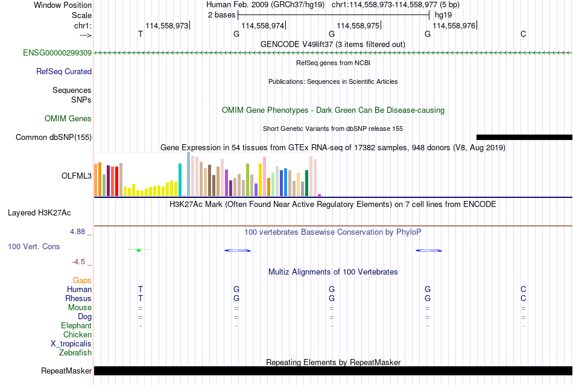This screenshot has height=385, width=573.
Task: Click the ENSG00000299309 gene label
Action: pos(57,53)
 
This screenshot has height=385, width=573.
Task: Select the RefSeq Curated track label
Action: pos(64,72)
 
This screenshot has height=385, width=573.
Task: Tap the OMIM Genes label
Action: pos(68,118)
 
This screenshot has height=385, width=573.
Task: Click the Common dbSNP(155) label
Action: pos(54,138)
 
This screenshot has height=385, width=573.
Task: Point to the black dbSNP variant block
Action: pos(524,137)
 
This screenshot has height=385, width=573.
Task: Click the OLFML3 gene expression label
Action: pos(77,176)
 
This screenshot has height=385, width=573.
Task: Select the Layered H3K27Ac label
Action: pos(39,213)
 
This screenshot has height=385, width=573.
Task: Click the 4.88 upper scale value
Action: pos(77,232)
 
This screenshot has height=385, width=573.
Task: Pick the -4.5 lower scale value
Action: pos(78,262)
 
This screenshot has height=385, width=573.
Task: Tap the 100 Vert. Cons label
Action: pos(34,246)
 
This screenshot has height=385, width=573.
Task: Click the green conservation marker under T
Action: pos(139,250)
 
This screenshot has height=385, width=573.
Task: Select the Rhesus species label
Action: pos(78,298)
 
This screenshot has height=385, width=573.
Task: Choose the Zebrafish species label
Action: pos(75,353)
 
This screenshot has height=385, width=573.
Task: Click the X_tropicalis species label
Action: pos(71,344)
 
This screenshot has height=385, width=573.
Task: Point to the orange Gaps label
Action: pos(82,281)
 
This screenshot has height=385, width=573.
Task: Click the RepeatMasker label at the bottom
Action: pos(66,371)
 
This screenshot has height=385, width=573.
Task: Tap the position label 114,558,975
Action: pos(358,25)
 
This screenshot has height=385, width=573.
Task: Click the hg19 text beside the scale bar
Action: pos(443,15)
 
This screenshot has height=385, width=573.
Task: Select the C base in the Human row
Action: pos(524,289)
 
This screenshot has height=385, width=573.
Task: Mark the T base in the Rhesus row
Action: pos(141,298)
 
